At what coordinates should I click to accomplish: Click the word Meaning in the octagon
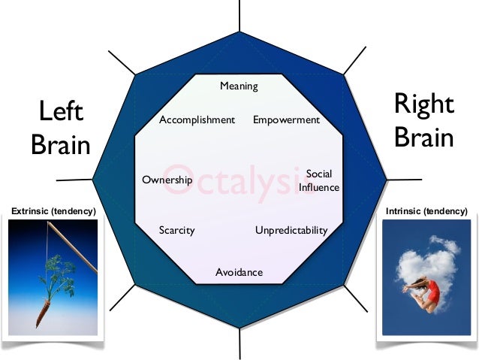point(239,86)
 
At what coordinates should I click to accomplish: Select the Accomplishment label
point(197,120)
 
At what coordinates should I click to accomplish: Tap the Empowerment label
point(286,120)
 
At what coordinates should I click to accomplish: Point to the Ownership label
point(167,180)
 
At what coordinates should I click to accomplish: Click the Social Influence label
point(319,181)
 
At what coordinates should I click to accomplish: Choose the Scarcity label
point(176,231)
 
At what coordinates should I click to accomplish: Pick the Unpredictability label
point(291,231)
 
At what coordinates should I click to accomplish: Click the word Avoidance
point(239,272)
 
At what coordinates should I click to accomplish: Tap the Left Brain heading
point(61,129)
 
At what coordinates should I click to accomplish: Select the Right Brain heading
point(424,121)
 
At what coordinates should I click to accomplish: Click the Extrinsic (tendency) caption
point(53,213)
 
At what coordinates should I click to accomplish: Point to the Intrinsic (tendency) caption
point(426,213)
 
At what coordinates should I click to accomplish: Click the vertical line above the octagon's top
point(239,15)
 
